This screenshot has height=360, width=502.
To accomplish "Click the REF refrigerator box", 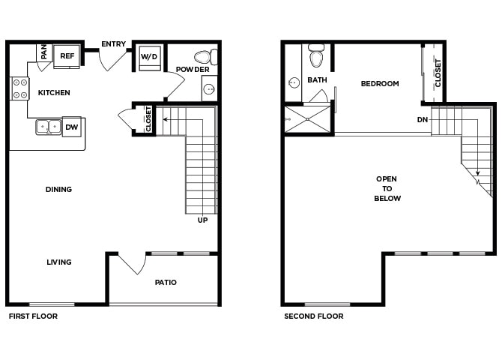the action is (x=67, y=56).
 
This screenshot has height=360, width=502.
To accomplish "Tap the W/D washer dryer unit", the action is (x=150, y=58).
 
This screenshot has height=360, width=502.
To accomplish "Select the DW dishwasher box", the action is (x=72, y=127).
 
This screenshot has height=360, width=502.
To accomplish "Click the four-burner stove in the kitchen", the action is (x=19, y=88).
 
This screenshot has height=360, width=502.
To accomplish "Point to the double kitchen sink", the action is (x=49, y=127).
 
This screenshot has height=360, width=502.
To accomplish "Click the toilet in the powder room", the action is (x=206, y=57).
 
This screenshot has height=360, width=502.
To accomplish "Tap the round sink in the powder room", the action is (x=209, y=88).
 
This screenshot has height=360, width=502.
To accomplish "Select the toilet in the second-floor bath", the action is (x=316, y=55).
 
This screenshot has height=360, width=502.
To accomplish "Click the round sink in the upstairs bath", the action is (x=293, y=83).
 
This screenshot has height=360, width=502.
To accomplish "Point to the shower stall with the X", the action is (x=307, y=119).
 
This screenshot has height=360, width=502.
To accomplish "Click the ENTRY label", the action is (x=113, y=44).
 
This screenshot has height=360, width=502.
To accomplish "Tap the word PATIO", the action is (x=166, y=283).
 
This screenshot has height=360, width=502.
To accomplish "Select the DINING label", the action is (x=58, y=190).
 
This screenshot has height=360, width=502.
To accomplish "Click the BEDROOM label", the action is (x=380, y=84).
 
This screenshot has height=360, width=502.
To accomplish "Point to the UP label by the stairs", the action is (x=202, y=220).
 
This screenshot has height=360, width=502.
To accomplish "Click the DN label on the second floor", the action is (x=423, y=119).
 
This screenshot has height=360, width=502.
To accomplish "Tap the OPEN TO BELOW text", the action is (x=387, y=188).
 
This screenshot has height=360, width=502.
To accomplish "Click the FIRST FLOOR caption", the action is (x=33, y=316).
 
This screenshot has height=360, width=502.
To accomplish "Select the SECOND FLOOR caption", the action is (x=314, y=316).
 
